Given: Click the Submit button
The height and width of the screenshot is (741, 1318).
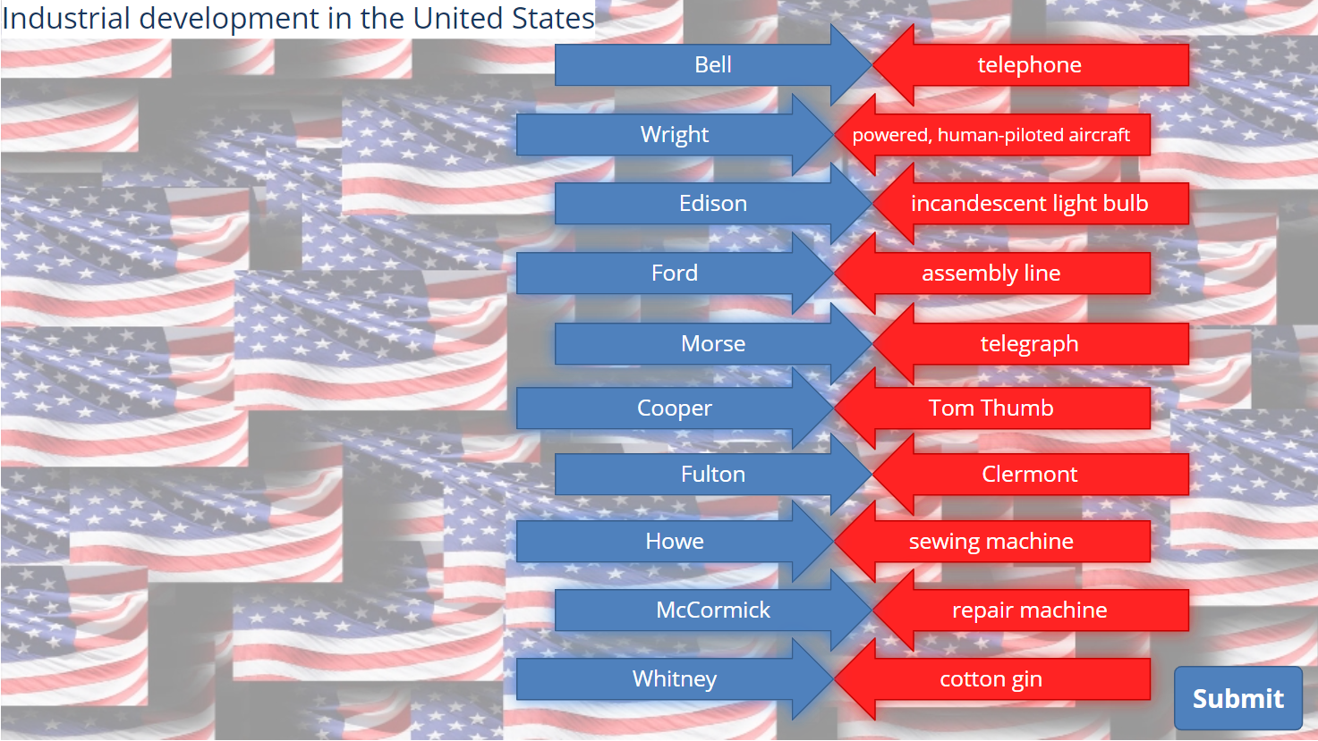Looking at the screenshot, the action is tap(1238, 698).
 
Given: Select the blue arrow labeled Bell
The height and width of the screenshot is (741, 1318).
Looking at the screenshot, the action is tap(713, 64).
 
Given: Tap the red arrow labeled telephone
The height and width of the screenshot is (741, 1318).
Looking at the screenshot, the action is tap(1030, 64).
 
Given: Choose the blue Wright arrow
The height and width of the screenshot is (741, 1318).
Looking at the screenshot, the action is tap(675, 135).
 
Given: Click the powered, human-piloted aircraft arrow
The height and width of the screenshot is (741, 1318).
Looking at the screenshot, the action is tap(991, 135).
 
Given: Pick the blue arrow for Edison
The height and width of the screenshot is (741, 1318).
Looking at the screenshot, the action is tap(713, 203).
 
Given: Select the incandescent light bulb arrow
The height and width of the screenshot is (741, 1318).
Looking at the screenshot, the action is tap(1030, 203).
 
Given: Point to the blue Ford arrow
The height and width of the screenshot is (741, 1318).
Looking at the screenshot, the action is tap(675, 274).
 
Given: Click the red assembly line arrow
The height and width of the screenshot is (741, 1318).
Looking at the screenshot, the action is tap(991, 274).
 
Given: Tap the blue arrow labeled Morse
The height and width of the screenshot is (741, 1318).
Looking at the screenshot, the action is tap(713, 343).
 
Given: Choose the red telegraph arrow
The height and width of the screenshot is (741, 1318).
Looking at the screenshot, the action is tap(1030, 343).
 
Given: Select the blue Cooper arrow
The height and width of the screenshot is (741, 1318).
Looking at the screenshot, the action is tap(675, 408).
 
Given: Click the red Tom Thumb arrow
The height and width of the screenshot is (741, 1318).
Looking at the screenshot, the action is tap(991, 408).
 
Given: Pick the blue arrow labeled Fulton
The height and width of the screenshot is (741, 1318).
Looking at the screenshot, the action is tap(713, 475).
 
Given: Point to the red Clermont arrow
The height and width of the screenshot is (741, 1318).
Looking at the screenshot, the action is tap(1030, 475).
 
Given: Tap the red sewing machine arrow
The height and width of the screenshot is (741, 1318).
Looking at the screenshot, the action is tap(991, 541).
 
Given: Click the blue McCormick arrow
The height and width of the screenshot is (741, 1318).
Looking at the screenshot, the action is tap(713, 610).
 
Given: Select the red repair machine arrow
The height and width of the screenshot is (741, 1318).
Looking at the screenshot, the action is tap(1030, 610).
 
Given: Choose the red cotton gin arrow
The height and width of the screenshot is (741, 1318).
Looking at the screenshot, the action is tap(991, 678).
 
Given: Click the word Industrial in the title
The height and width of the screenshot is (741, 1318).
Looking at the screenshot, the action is tap(66, 18).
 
